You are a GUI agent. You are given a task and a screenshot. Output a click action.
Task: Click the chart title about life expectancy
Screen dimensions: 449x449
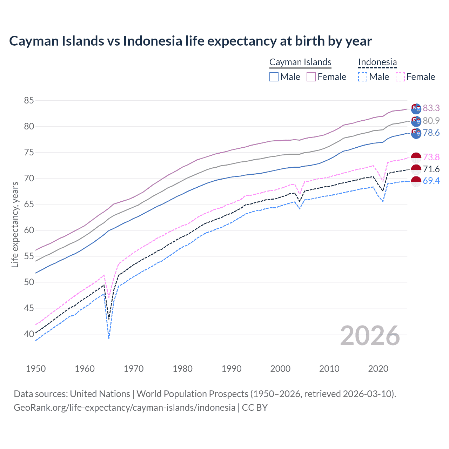[x=190, y=41]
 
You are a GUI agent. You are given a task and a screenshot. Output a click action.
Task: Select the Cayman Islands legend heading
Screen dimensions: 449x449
[x=300, y=62]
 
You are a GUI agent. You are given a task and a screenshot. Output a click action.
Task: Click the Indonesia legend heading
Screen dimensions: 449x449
[x=377, y=62]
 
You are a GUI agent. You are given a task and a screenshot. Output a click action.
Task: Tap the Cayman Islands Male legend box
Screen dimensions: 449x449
[x=274, y=77]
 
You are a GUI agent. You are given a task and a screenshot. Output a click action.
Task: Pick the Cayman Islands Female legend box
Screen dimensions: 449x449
[x=311, y=77]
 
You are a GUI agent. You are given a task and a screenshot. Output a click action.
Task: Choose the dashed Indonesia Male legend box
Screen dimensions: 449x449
[x=363, y=77]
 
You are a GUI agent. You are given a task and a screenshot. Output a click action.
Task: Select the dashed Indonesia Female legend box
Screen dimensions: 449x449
[x=400, y=77]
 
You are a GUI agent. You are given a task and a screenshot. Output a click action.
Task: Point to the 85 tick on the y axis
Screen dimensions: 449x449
[x=29, y=101]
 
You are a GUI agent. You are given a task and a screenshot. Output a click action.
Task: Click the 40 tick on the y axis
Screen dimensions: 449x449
[x=29, y=334]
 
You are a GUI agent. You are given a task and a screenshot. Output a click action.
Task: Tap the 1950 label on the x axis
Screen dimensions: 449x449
[x=36, y=369]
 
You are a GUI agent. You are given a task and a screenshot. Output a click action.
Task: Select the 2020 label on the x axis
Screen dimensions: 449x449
[x=378, y=369]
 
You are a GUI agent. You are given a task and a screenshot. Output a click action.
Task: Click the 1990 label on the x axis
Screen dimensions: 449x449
[x=232, y=369]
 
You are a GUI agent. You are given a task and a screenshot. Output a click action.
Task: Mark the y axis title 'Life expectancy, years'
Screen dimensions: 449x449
[x=15, y=224]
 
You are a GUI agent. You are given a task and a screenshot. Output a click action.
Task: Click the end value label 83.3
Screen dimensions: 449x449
[x=431, y=108]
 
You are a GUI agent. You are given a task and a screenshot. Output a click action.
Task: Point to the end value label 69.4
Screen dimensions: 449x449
[x=431, y=181]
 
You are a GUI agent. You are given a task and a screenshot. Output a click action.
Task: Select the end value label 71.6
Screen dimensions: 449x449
[x=431, y=169]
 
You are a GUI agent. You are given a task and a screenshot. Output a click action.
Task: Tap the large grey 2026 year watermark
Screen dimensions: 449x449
[x=370, y=336]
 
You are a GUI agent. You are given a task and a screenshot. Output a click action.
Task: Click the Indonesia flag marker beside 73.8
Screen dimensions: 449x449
[x=416, y=158]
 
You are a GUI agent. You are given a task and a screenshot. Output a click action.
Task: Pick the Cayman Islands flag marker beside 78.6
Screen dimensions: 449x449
[x=416, y=133]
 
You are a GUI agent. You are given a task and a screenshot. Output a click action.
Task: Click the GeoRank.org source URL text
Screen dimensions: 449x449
[x=124, y=408]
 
